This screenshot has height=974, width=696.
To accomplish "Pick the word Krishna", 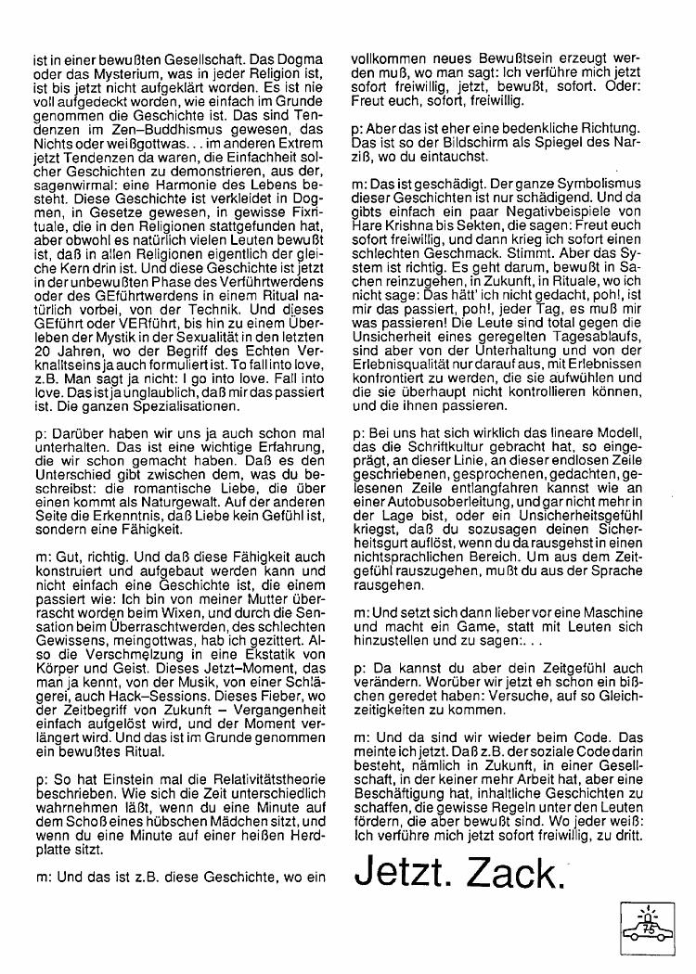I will tap(417, 225).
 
